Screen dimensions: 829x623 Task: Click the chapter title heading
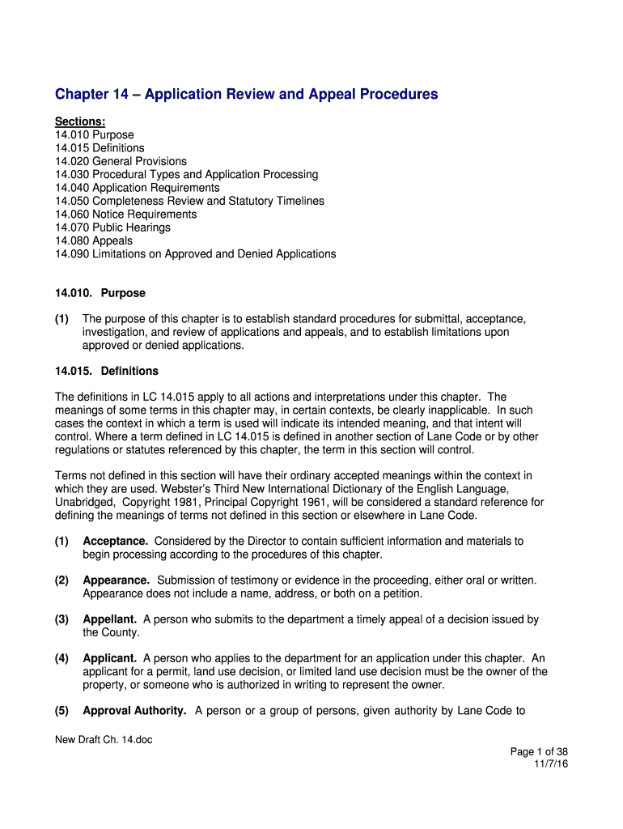(x=246, y=95)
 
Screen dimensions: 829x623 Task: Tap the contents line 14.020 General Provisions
(x=121, y=161)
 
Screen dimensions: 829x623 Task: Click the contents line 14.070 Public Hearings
(x=112, y=227)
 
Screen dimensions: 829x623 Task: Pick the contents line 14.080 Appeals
(x=94, y=240)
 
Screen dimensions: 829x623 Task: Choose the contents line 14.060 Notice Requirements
(x=125, y=215)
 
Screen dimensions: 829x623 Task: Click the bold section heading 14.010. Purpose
(x=100, y=293)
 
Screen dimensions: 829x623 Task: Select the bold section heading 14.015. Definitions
(x=106, y=372)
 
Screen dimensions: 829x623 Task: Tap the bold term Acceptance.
(x=115, y=541)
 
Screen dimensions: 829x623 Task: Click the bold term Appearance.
(x=117, y=580)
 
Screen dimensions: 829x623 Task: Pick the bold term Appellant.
(x=109, y=619)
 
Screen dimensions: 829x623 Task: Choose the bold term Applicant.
(x=110, y=658)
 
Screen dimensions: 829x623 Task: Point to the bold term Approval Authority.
(x=135, y=711)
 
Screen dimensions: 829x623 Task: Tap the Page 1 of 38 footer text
(x=539, y=751)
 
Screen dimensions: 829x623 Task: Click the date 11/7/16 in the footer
(x=551, y=763)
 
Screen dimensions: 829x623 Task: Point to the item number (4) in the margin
(x=61, y=658)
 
